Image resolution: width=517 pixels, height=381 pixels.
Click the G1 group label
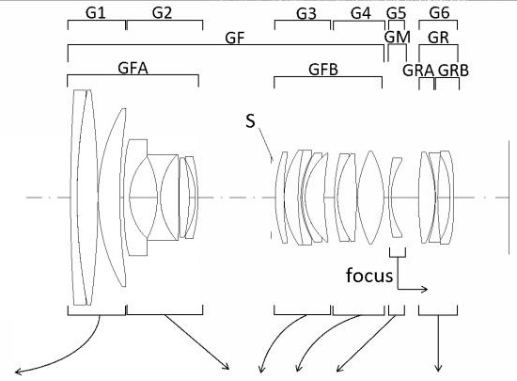95,13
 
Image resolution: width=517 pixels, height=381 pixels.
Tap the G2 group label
163,13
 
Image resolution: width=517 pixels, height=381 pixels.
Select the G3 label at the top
306,14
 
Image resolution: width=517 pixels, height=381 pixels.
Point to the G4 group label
361,13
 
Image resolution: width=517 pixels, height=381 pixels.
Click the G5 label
397,14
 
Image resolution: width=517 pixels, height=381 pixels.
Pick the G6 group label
439,13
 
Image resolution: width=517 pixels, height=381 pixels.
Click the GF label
235,39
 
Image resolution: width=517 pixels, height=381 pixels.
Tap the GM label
398,38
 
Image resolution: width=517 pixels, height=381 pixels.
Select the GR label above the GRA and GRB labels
439,38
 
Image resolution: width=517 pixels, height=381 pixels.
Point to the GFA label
133,69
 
